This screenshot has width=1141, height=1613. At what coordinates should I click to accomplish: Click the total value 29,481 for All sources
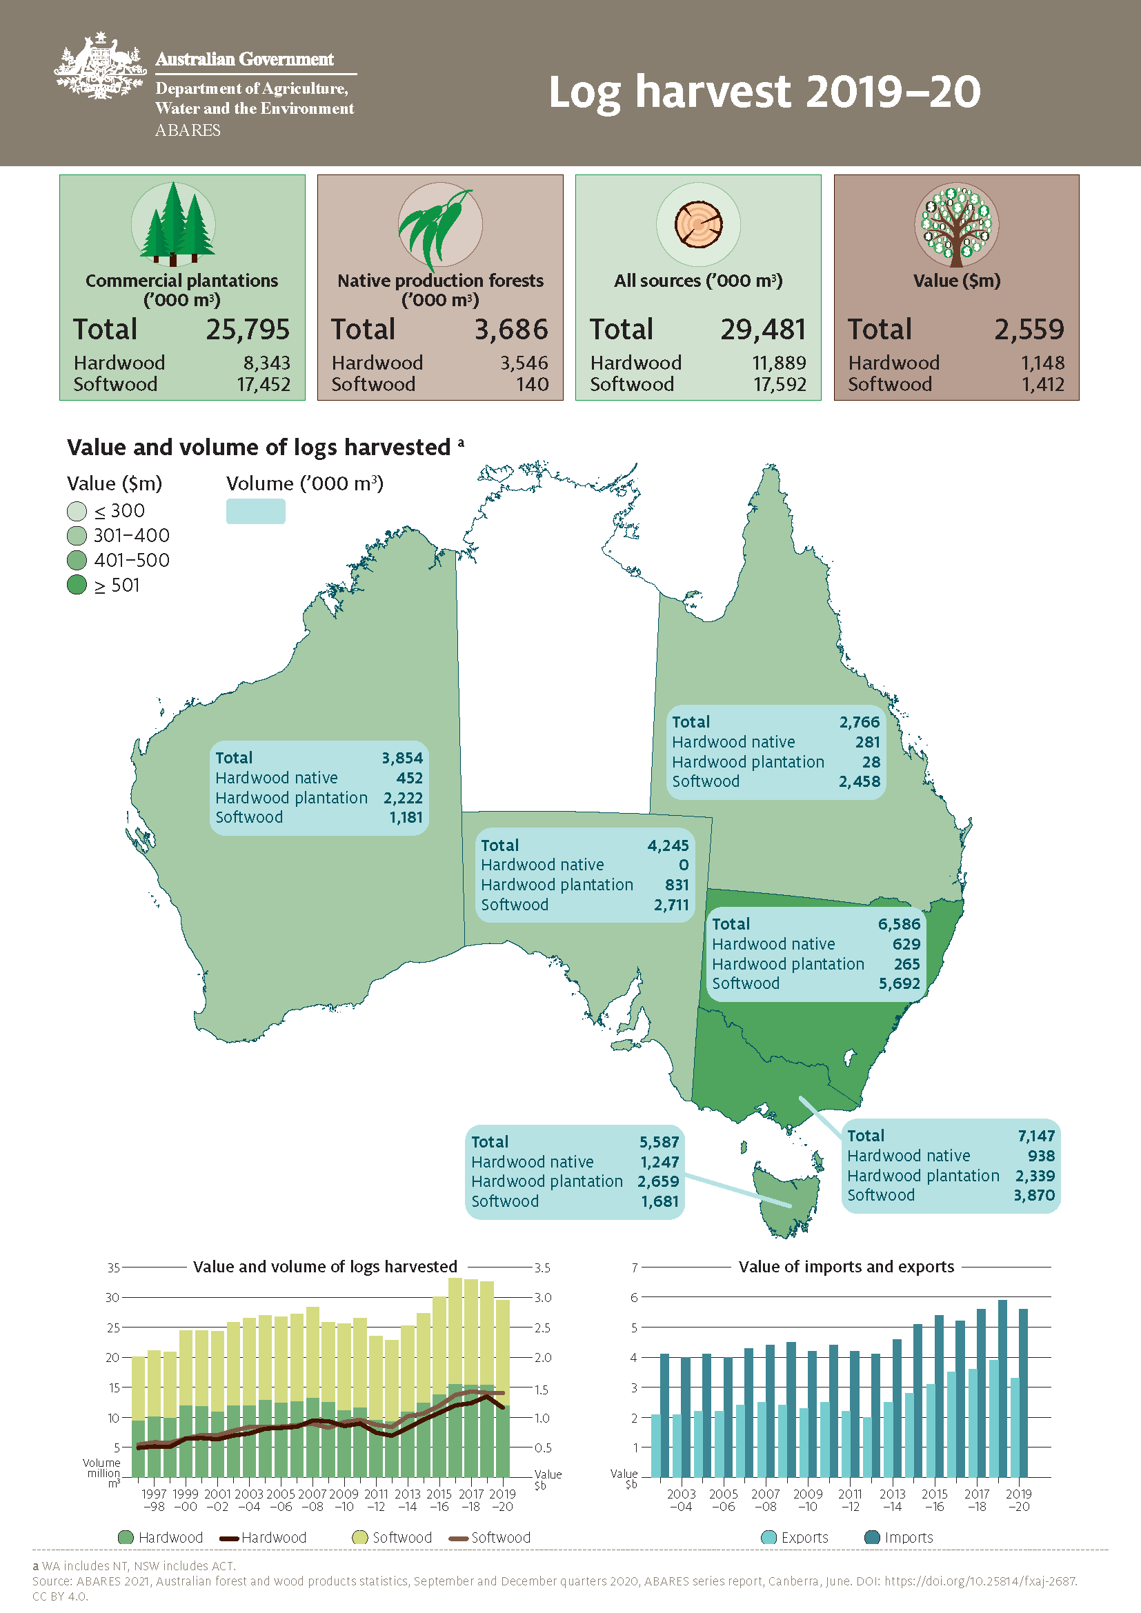point(762,330)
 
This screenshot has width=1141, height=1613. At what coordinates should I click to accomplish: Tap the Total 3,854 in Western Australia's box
point(402,758)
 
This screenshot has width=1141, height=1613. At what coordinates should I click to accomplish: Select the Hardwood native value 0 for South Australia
point(683,865)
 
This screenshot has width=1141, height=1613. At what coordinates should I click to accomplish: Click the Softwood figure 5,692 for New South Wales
point(899,983)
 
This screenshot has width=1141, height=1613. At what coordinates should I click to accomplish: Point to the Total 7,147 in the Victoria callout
point(1035,1136)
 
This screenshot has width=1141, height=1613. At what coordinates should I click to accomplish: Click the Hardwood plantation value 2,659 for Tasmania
point(657,1182)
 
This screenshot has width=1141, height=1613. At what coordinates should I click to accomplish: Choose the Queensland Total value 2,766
point(860,722)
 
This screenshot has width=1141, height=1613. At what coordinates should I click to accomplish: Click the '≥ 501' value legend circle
point(77,585)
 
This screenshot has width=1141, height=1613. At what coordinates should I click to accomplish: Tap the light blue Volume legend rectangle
point(256,512)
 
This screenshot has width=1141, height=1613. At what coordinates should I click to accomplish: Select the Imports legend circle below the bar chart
point(872,1537)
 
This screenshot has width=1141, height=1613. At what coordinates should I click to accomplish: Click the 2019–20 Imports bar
point(1023,1392)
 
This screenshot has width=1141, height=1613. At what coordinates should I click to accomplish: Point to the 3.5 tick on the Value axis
point(542,1268)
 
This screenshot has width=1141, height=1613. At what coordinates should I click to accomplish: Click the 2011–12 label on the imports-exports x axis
point(849,1500)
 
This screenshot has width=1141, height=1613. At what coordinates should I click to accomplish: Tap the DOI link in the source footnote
point(980,1581)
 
